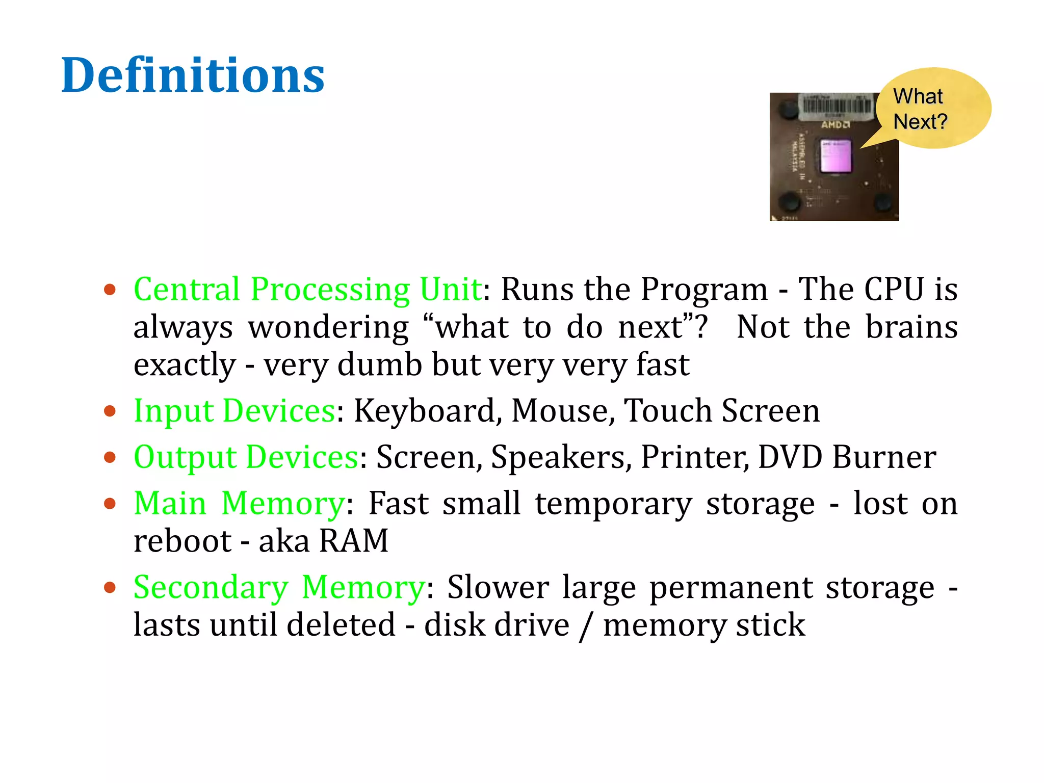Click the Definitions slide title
click(x=193, y=75)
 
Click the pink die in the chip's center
click(x=836, y=156)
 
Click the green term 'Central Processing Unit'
click(x=307, y=289)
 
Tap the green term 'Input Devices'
click(x=234, y=411)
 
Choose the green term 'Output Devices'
click(x=246, y=457)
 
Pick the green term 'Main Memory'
click(x=240, y=503)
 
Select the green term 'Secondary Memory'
click(x=279, y=587)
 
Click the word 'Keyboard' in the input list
click(x=424, y=411)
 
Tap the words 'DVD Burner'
click(x=847, y=457)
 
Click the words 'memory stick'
click(x=704, y=625)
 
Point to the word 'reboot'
click(x=182, y=541)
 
